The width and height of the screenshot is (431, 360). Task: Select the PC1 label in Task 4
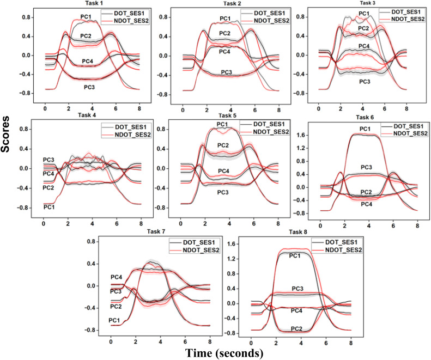coord(49,208)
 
